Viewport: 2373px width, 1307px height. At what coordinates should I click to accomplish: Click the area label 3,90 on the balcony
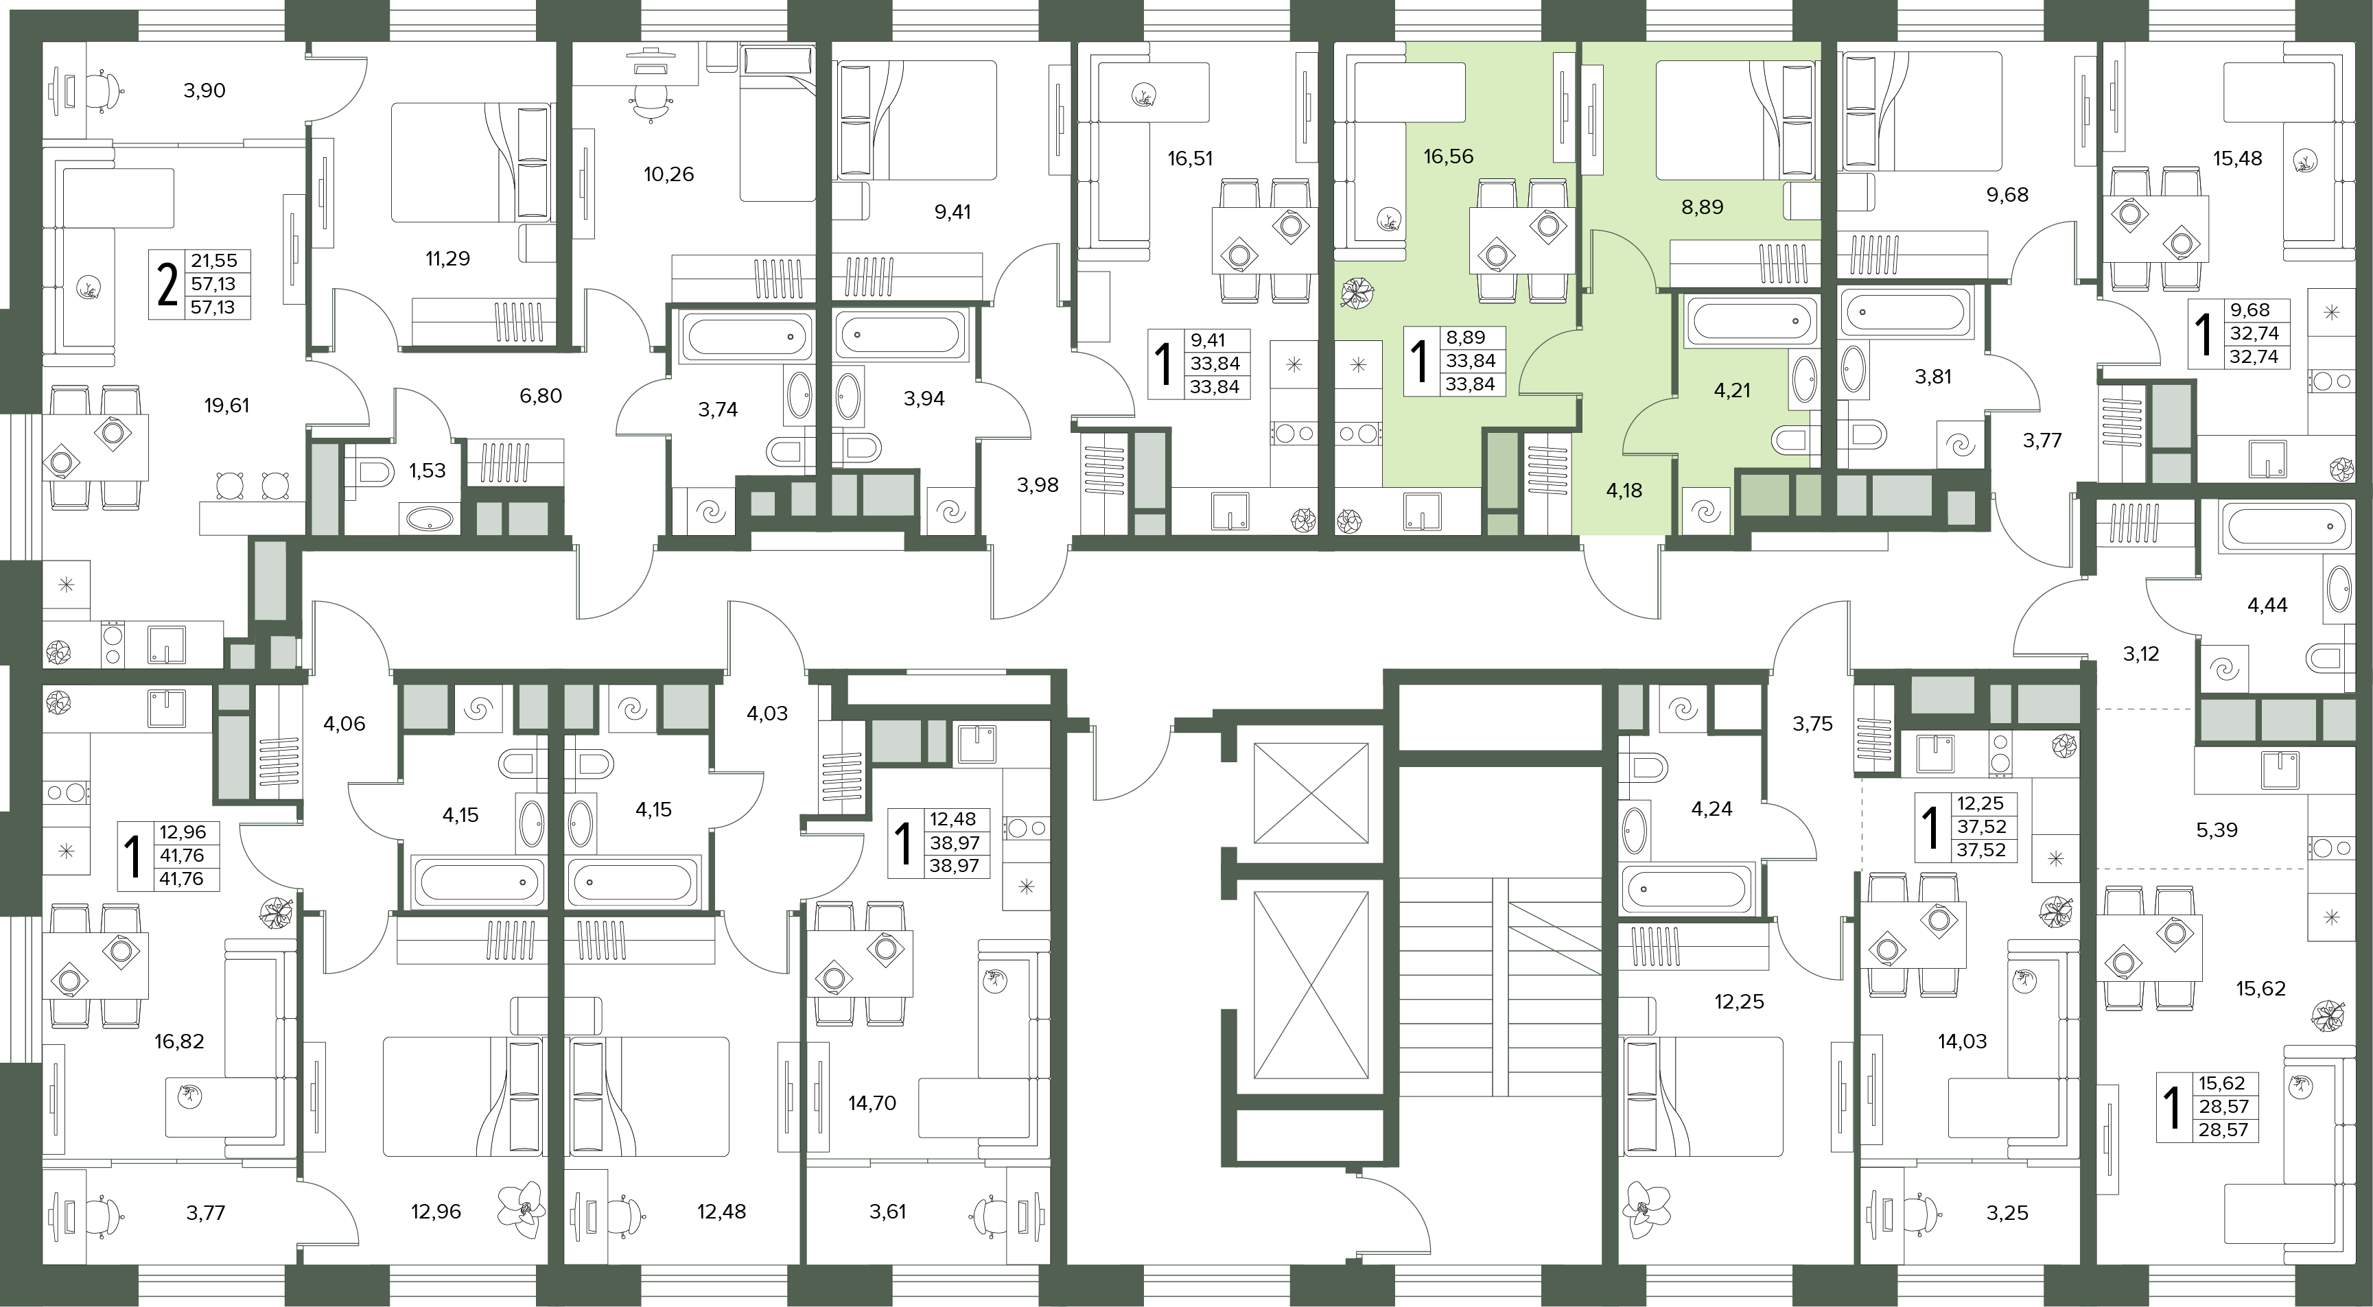[x=204, y=91]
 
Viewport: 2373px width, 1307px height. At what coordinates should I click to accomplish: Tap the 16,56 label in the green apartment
[x=1448, y=156]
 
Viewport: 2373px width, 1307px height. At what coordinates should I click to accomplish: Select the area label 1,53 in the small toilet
[x=428, y=471]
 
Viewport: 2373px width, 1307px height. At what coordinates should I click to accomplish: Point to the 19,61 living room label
[x=226, y=405]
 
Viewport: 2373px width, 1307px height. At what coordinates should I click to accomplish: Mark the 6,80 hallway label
[x=541, y=396]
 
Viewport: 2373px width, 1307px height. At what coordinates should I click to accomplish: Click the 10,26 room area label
[x=669, y=174]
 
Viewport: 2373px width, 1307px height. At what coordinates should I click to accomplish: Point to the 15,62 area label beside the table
[x=2260, y=988]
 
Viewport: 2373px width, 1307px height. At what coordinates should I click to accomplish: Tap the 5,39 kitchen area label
[x=2217, y=830]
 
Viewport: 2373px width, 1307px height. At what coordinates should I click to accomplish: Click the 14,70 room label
[x=872, y=1103]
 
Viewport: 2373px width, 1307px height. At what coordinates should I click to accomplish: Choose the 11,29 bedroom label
[x=447, y=259]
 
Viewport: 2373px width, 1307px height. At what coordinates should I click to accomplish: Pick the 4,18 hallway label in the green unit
[x=1624, y=491]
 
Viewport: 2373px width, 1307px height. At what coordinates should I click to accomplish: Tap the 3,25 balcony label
[x=2007, y=1213]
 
